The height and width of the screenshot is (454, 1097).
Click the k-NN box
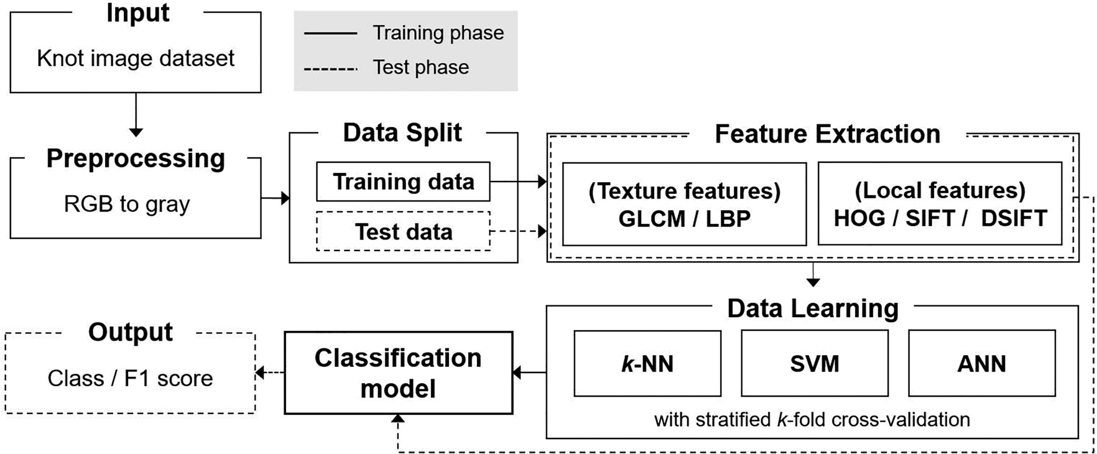tap(647, 363)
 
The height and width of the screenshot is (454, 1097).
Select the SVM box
tap(814, 363)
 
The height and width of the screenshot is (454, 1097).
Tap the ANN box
tap(981, 363)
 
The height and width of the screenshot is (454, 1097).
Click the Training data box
tap(403, 182)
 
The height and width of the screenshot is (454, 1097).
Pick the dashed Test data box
tap(403, 231)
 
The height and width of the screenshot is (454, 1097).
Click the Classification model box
tap(398, 373)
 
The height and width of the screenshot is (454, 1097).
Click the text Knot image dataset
tap(136, 58)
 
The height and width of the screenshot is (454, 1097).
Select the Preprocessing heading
tap(136, 158)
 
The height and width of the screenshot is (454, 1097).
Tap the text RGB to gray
tap(127, 204)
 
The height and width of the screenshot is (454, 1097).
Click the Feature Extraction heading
tap(827, 134)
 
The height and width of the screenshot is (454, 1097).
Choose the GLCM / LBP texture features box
tap(684, 204)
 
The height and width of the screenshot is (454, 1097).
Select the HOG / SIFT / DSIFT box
tap(940, 204)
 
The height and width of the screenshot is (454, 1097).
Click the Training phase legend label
tap(438, 33)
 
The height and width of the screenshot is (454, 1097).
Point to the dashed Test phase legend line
tap(330, 68)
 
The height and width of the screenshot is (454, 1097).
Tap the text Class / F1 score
tap(130, 378)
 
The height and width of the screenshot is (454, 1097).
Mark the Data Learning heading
tap(813, 308)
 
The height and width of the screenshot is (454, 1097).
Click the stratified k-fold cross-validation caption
tap(812, 419)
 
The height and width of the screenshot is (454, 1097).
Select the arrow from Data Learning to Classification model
tap(529, 373)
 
